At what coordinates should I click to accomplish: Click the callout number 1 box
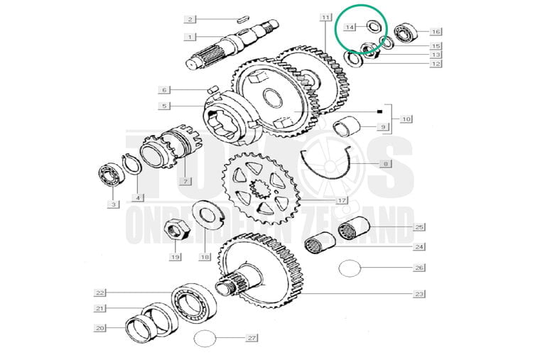[190, 36]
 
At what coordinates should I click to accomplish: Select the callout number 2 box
[190, 18]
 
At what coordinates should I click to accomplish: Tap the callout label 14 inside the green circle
[350, 27]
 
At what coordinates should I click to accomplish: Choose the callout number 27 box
[251, 337]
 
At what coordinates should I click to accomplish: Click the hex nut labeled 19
[175, 230]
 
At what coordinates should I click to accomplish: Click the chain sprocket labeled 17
[259, 187]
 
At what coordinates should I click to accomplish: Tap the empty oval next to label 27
[204, 338]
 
